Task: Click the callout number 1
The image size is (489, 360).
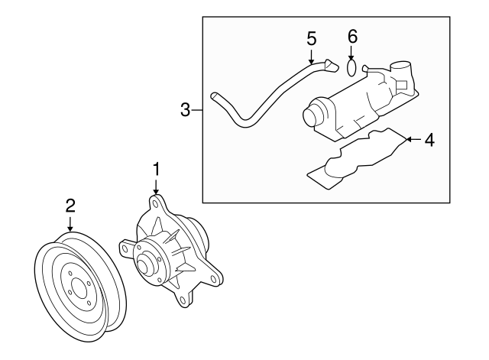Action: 156,167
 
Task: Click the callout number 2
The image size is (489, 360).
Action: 70,205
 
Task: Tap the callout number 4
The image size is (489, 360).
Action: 429,140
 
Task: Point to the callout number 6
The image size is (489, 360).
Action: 352,37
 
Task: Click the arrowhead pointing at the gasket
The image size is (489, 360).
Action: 407,139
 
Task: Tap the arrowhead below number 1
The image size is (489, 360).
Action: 156,190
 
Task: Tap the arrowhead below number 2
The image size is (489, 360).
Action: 70,228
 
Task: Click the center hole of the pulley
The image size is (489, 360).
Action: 76,290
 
